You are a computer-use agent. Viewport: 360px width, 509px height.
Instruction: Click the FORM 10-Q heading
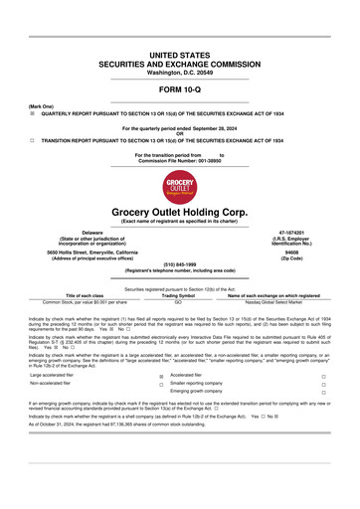179,89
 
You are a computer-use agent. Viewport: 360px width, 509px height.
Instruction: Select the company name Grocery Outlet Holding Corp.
179,212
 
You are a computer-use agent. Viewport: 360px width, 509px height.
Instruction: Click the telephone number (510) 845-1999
179,263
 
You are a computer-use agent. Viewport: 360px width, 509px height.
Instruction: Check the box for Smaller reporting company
323,385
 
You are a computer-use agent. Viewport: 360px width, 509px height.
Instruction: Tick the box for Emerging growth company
323,393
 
